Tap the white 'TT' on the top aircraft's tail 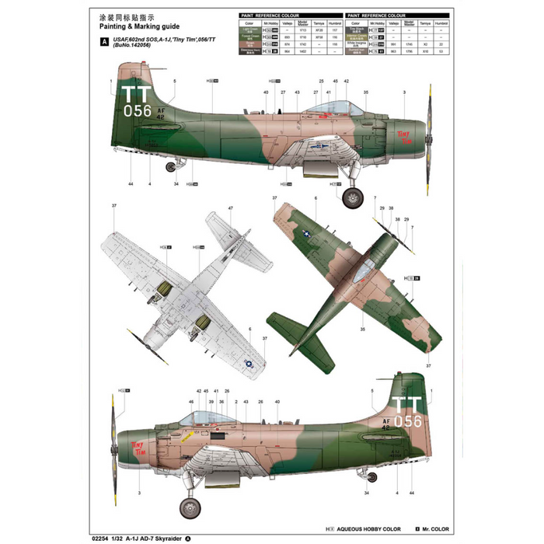click(x=137, y=95)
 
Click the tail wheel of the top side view click(x=170, y=166)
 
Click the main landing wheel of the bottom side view click(x=190, y=508)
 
